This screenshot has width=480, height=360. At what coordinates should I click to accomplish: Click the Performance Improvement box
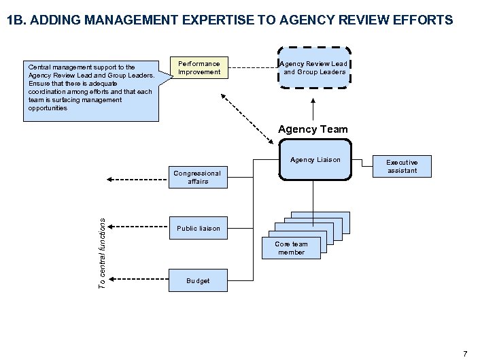(x=199, y=68)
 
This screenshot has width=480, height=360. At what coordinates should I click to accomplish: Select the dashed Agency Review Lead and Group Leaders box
(x=315, y=68)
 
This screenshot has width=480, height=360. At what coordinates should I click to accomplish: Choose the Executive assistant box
(x=402, y=167)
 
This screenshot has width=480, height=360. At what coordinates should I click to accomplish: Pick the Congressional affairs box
(x=197, y=178)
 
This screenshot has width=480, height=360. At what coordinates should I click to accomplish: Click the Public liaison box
(x=199, y=228)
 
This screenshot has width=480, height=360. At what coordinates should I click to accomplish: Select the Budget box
(x=198, y=280)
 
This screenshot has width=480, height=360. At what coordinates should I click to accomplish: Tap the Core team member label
(x=291, y=248)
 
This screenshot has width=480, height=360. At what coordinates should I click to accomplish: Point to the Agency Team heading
(x=313, y=129)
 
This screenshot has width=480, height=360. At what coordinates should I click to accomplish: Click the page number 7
(x=465, y=353)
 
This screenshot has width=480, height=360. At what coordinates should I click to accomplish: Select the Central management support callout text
(x=90, y=87)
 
